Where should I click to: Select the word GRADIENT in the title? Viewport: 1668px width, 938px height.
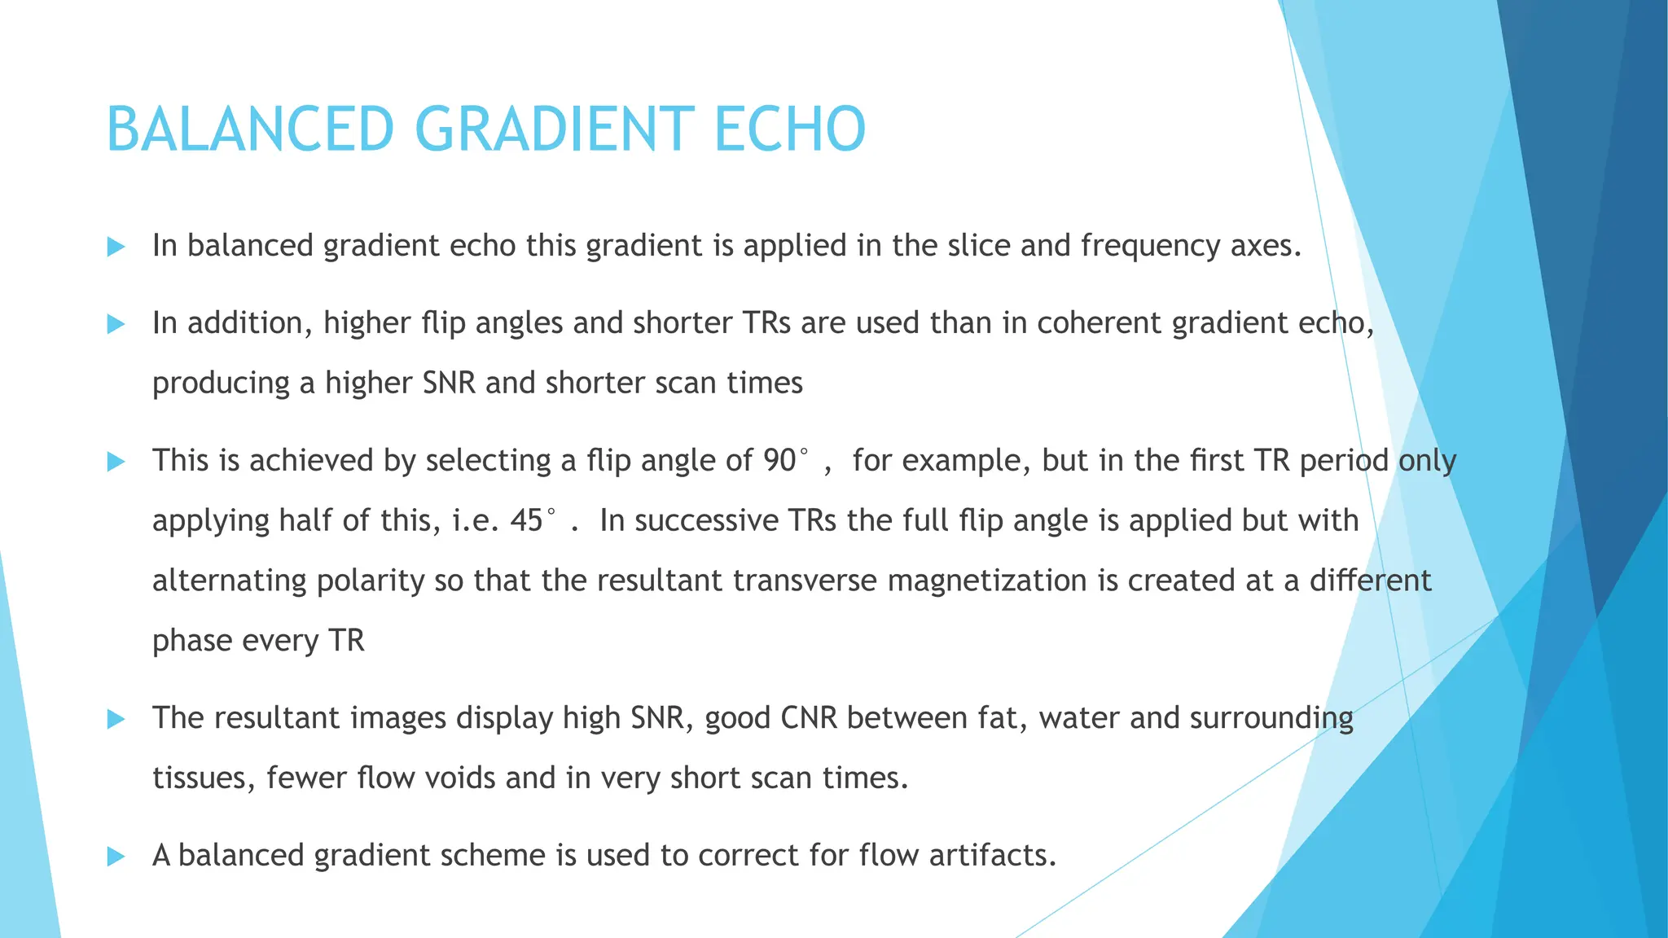point(555,129)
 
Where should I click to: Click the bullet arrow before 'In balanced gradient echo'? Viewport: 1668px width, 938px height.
point(116,247)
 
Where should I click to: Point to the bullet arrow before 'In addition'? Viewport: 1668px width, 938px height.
point(116,324)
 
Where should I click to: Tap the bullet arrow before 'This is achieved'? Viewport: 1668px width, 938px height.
point(116,462)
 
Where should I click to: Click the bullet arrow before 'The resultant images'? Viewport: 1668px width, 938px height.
point(116,719)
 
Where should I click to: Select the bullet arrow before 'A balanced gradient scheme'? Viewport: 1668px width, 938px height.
point(116,857)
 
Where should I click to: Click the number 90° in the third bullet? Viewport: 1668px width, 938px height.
point(786,461)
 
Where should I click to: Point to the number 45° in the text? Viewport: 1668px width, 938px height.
point(533,520)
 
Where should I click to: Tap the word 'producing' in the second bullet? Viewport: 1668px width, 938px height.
point(221,384)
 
